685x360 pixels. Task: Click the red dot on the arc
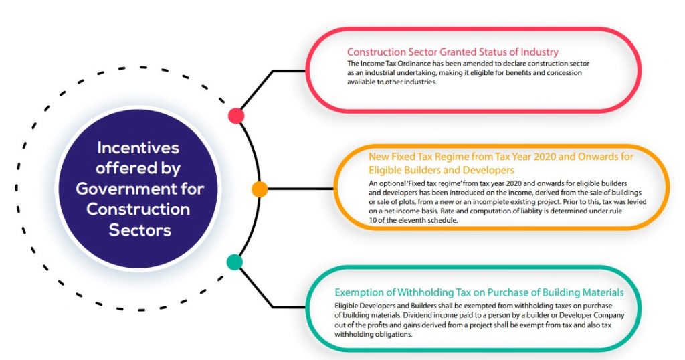tap(235, 116)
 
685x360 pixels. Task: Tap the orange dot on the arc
tap(259, 188)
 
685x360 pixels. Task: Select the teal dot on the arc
tap(234, 262)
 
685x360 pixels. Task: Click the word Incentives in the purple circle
tap(138, 147)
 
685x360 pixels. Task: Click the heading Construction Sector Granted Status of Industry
tap(452, 52)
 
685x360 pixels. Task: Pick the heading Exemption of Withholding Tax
tap(479, 292)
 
